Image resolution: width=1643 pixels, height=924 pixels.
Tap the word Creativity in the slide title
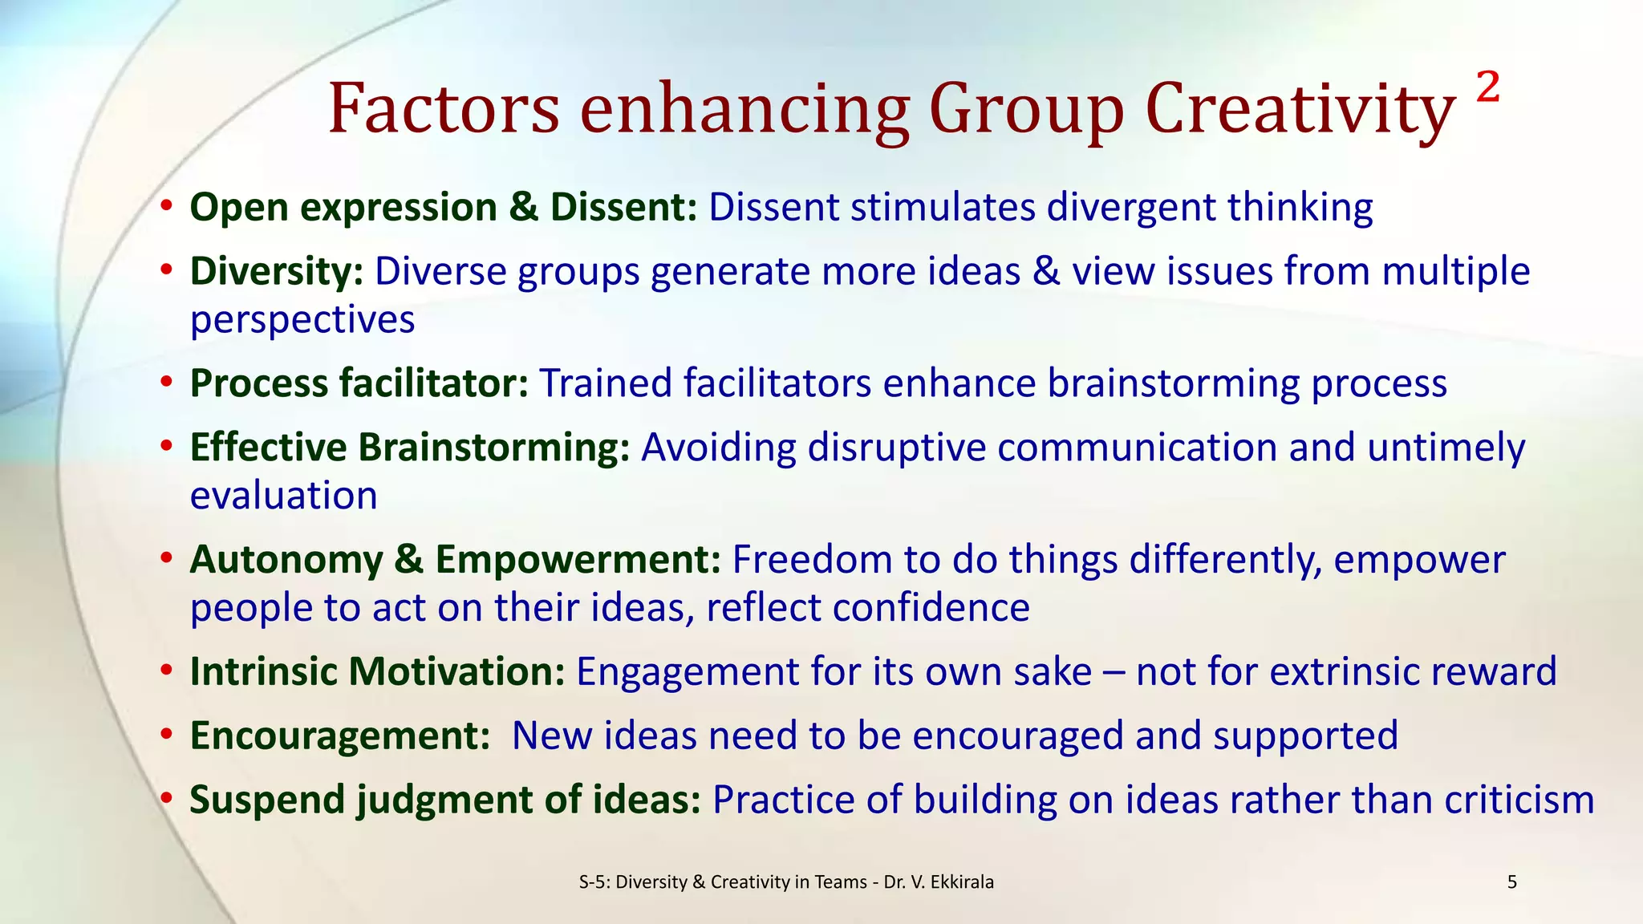pos(1300,110)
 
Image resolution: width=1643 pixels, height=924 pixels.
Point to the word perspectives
pos(302,320)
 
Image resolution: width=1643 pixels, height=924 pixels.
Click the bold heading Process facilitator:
pos(359,383)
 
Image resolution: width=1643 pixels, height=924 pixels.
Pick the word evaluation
pos(283,496)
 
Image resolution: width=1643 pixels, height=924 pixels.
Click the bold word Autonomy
pos(286,560)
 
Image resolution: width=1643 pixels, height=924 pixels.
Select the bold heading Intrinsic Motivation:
pos(378,671)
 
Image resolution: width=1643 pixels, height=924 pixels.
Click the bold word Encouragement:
pos(340,736)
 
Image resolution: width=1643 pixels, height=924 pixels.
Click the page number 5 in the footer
pos(1512,882)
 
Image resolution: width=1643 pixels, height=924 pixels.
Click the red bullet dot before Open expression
pos(166,207)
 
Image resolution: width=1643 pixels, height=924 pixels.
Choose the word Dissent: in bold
pos(623,207)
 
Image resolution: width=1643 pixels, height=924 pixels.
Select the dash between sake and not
pos(1114,672)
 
